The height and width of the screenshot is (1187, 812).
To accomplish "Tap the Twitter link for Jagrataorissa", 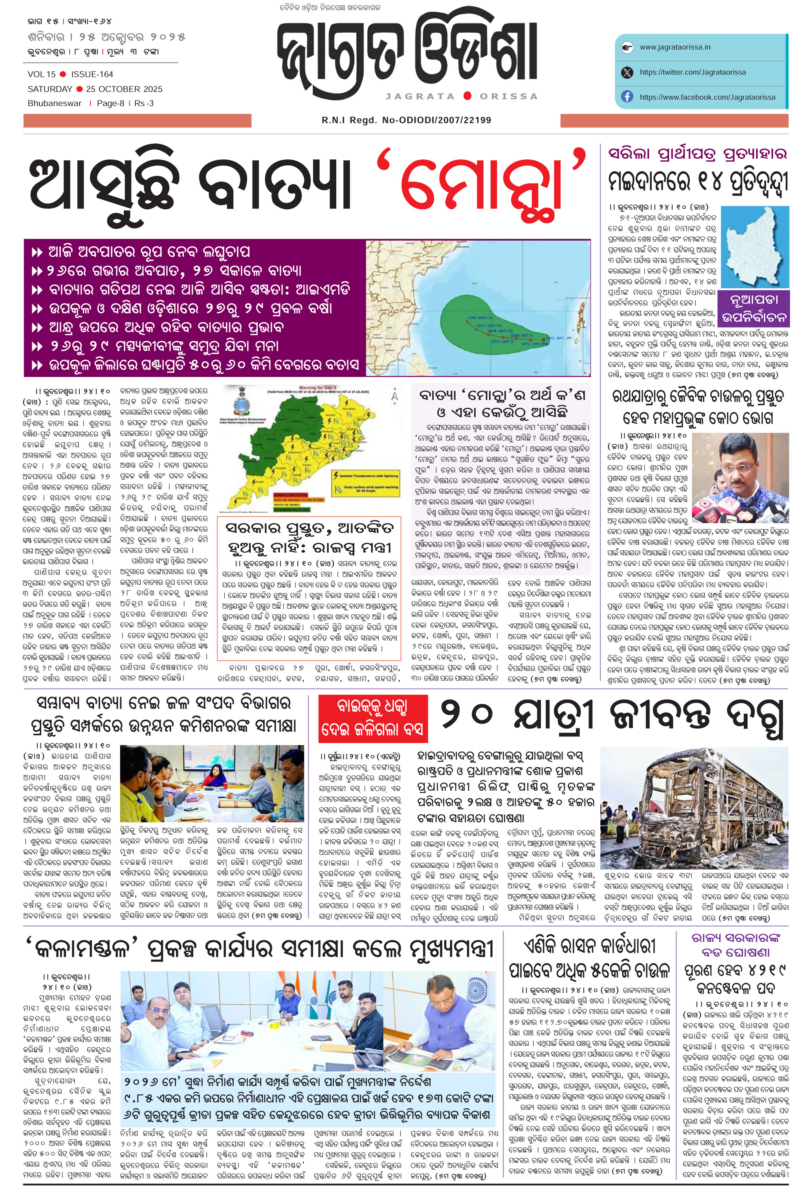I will (x=692, y=72).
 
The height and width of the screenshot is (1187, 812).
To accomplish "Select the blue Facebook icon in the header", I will (x=627, y=97).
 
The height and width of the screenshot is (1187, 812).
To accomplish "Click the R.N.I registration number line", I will (x=406, y=120).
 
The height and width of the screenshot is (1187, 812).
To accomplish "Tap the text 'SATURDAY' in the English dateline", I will (x=49, y=89).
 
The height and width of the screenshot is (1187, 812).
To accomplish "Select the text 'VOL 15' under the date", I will (x=41, y=74).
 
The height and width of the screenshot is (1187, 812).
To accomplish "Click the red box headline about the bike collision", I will (x=373, y=719).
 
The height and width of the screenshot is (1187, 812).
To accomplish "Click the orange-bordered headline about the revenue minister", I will (x=308, y=538).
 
